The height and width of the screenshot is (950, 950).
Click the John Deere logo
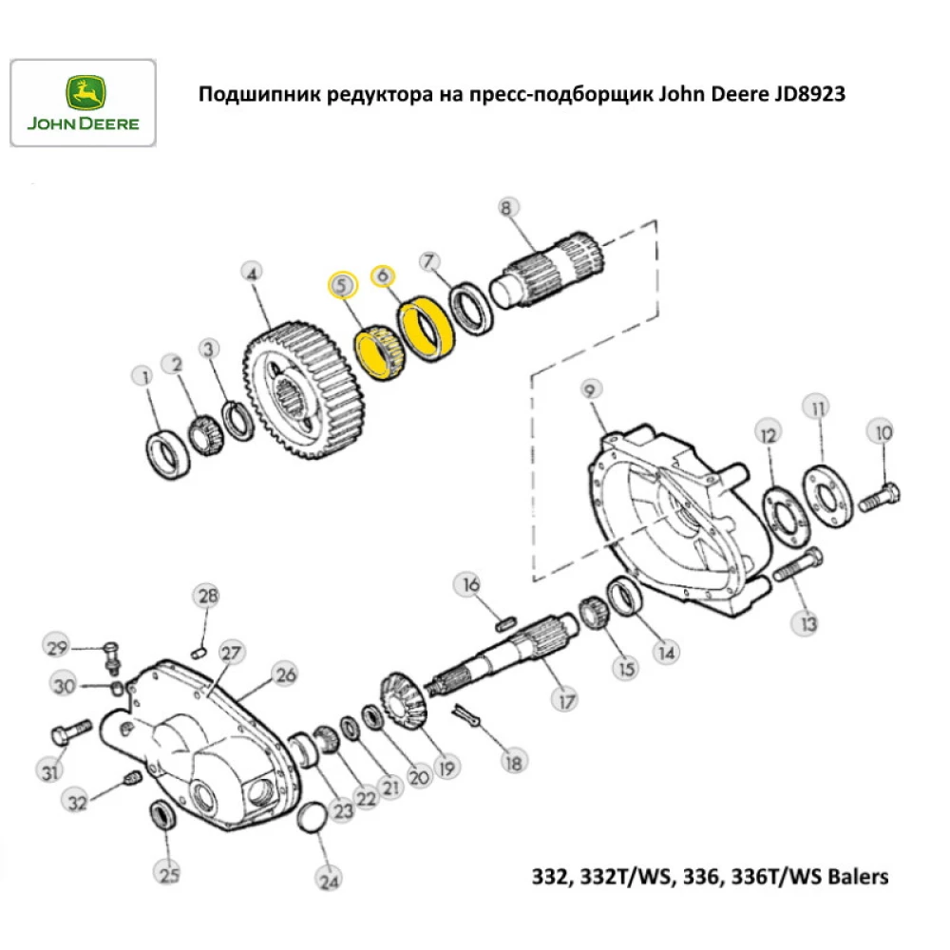point(82,103)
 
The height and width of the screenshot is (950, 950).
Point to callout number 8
point(506,207)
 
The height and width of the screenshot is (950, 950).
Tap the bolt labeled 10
point(879,495)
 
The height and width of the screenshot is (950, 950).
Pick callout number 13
point(807,623)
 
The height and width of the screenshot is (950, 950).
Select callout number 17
point(566,701)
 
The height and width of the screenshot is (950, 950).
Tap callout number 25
point(168,874)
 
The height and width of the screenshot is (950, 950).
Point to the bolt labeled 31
point(68,732)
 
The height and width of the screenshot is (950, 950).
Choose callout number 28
point(207,596)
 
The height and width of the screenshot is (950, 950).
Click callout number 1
point(145,379)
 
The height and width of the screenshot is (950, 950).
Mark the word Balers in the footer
point(858,875)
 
